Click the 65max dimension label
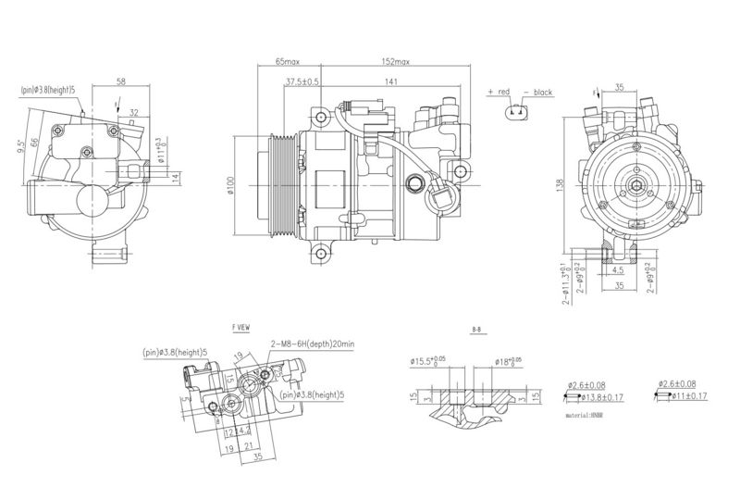tap(288, 61)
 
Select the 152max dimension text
tap(395, 61)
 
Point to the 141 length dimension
tap(391, 81)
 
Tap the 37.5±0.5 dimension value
tap(302, 81)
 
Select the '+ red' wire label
tap(499, 93)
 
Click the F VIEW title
tap(241, 328)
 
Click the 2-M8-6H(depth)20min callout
tap(314, 344)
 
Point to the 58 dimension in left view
tap(121, 81)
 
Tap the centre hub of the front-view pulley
tap(639, 186)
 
